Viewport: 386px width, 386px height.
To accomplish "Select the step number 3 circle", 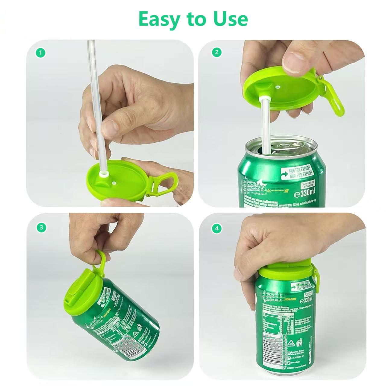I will point(41,227).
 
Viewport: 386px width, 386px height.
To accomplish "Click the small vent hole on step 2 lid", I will point(277,87).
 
